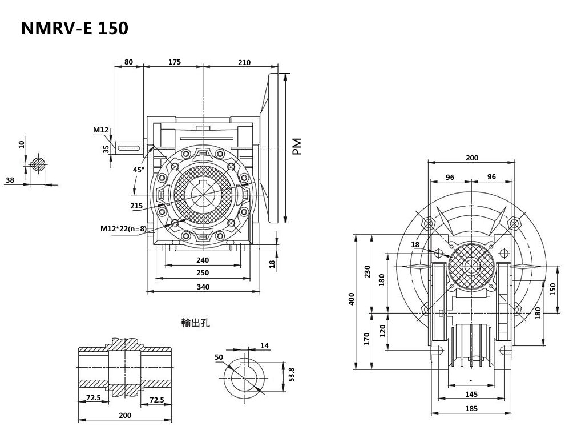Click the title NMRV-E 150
(x=74, y=29)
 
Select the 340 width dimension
(x=203, y=287)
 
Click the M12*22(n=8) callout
(x=123, y=229)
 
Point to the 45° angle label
(x=139, y=170)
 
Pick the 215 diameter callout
(x=136, y=206)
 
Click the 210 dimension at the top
(x=244, y=62)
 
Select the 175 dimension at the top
(x=174, y=62)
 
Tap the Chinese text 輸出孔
(x=196, y=323)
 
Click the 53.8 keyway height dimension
(x=291, y=375)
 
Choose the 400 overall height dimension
(x=352, y=299)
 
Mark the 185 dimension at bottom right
(x=471, y=408)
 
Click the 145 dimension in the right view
(x=471, y=394)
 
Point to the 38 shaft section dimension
(x=10, y=180)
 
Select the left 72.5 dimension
(x=93, y=397)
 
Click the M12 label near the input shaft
(x=100, y=130)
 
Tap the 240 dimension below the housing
(x=203, y=260)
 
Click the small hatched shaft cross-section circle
(x=38, y=164)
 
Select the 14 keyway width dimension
(x=264, y=345)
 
